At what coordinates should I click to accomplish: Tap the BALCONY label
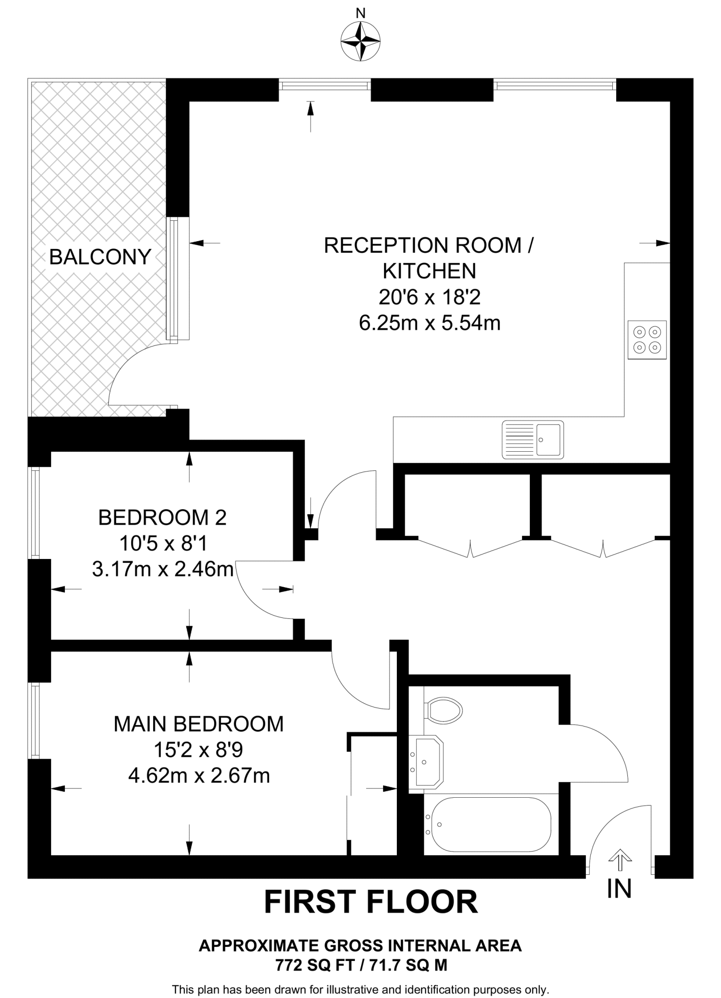(x=100, y=257)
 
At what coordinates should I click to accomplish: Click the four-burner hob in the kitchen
(x=647, y=340)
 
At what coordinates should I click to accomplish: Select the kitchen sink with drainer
(x=533, y=440)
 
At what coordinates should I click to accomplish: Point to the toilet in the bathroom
(x=443, y=710)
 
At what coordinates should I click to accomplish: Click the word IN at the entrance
(x=619, y=888)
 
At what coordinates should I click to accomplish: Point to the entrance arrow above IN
(x=620, y=860)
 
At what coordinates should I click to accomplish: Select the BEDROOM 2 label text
(x=162, y=517)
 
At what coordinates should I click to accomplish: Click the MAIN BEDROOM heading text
(x=198, y=724)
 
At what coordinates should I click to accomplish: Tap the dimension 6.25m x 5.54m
(x=429, y=323)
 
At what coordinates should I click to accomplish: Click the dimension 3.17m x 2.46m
(x=162, y=569)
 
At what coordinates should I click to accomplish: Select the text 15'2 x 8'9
(x=198, y=749)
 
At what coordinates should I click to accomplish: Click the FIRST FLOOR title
(x=370, y=902)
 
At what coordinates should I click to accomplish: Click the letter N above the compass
(x=360, y=14)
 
